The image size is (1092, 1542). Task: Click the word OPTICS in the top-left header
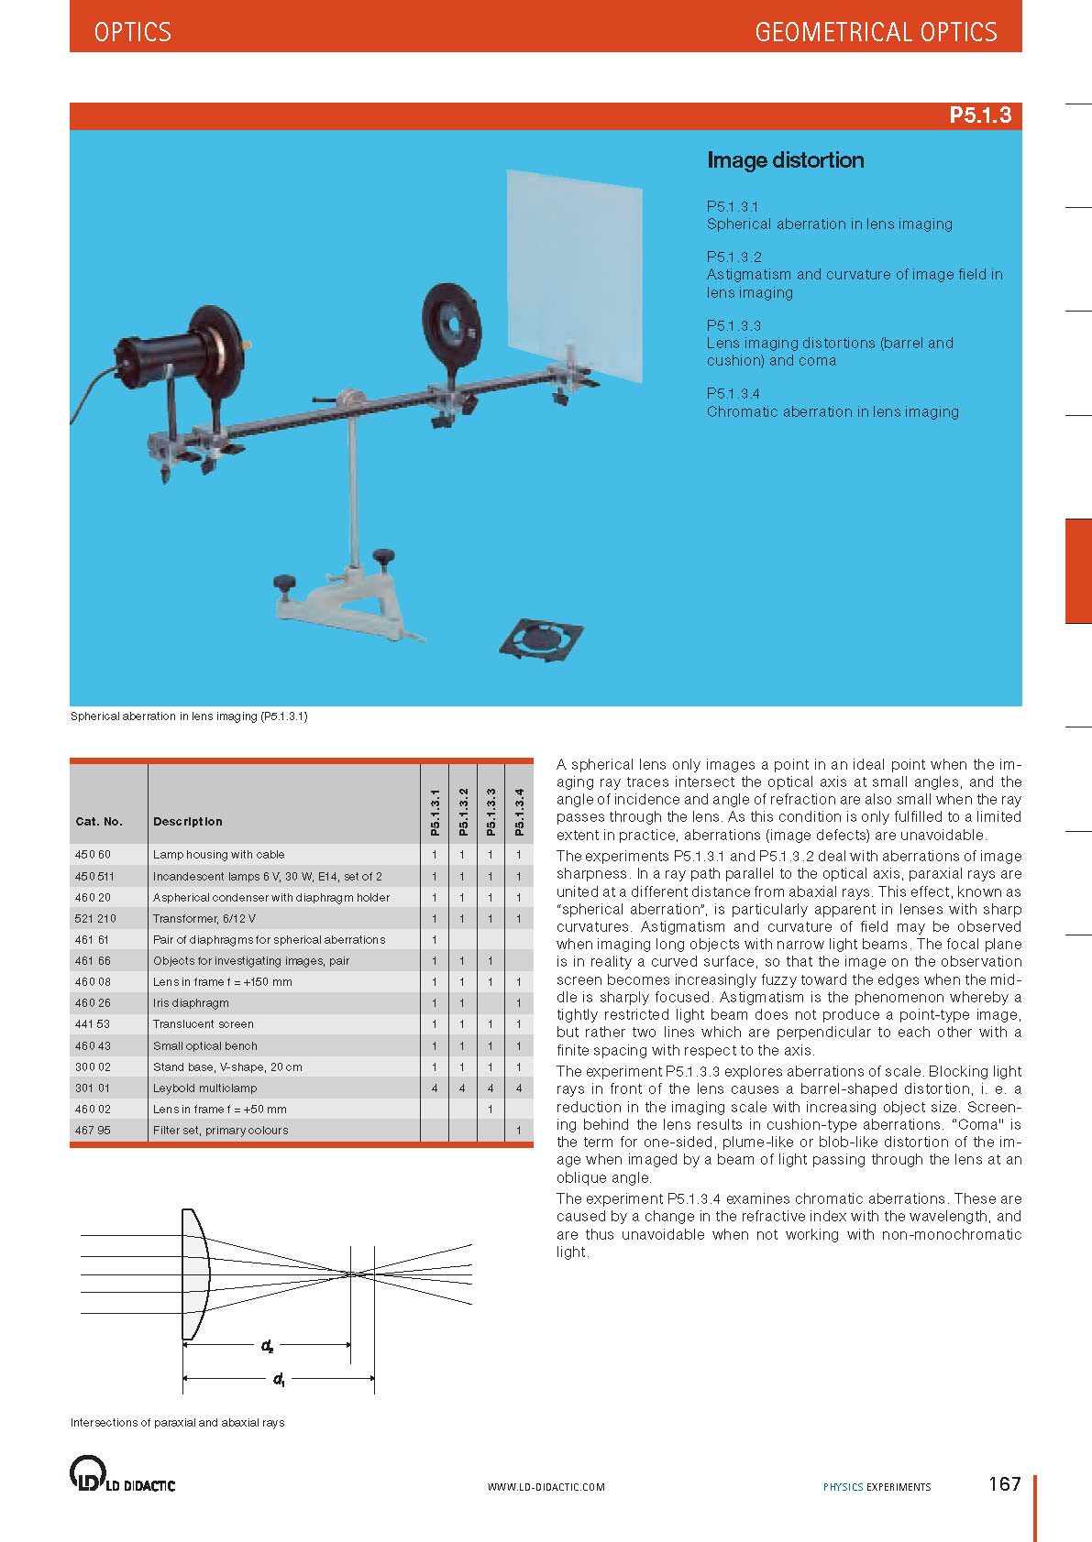click(132, 32)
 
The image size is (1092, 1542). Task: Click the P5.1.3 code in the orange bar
click(979, 115)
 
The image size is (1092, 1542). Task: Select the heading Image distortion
click(785, 160)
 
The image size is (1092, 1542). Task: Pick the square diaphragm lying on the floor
click(542, 638)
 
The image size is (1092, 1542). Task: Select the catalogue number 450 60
click(93, 855)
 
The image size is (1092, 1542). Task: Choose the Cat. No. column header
click(99, 822)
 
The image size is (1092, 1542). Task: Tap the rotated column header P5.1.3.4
click(519, 812)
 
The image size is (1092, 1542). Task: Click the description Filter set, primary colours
click(220, 1131)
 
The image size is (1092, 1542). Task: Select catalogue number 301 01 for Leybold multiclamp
click(93, 1088)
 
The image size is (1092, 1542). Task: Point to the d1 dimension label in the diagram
click(279, 1379)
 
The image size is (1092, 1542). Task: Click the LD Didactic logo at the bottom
click(122, 1473)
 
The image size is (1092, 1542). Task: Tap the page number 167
click(1004, 1484)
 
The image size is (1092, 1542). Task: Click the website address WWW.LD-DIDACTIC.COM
click(546, 1487)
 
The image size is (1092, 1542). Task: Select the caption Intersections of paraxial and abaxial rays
click(178, 1423)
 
